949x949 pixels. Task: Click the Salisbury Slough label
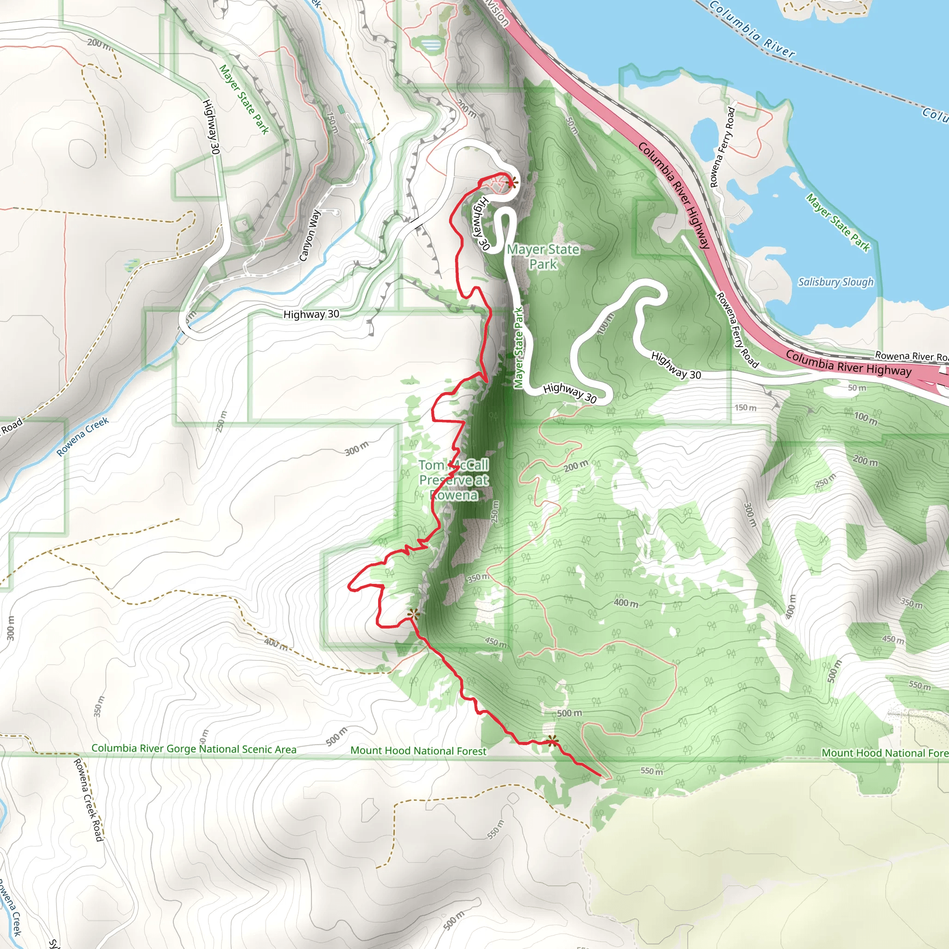click(x=835, y=282)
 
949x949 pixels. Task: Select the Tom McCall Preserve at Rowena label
click(x=453, y=480)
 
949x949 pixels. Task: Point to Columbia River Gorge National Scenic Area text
click(x=194, y=749)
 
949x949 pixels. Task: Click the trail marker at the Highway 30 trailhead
click(x=511, y=183)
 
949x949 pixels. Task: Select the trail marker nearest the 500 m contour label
click(x=553, y=741)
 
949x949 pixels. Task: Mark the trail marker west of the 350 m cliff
click(x=413, y=614)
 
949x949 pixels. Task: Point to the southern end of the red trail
click(x=600, y=775)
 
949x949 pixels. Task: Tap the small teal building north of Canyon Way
click(x=341, y=109)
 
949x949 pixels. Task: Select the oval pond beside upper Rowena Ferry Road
click(x=706, y=135)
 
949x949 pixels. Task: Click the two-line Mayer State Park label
click(x=543, y=256)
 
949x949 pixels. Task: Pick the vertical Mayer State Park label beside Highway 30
click(x=518, y=348)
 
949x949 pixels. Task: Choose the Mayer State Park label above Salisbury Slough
click(x=838, y=222)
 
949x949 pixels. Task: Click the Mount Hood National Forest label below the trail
click(x=418, y=751)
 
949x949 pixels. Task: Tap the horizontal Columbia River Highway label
click(x=848, y=363)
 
